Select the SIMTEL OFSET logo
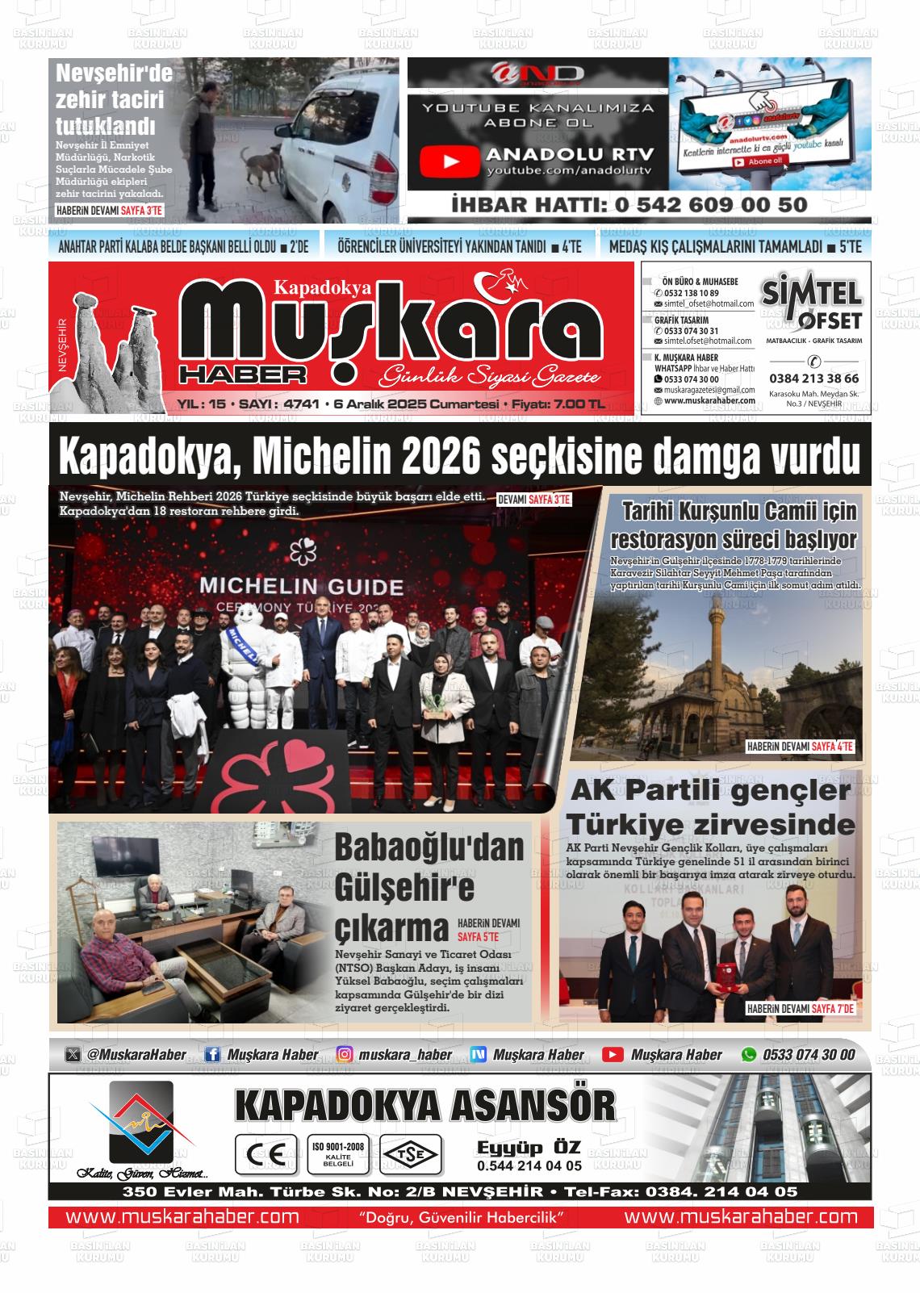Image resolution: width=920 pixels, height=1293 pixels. tap(812, 303)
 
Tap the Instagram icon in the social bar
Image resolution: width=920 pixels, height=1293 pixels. tap(345, 1055)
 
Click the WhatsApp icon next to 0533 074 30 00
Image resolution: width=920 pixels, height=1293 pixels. tap(749, 1055)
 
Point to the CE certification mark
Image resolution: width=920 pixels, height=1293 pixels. tap(261, 1154)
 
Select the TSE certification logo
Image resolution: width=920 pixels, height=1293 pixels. tap(412, 1154)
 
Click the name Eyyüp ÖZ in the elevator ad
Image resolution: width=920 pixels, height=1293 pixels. tap(529, 1149)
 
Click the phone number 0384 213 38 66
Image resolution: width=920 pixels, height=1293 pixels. tap(813, 378)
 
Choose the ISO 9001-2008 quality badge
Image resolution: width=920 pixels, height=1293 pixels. tap(337, 1154)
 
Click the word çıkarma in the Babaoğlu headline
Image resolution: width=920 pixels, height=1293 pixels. tap(391, 929)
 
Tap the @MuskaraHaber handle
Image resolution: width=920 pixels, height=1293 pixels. tap(136, 1055)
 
